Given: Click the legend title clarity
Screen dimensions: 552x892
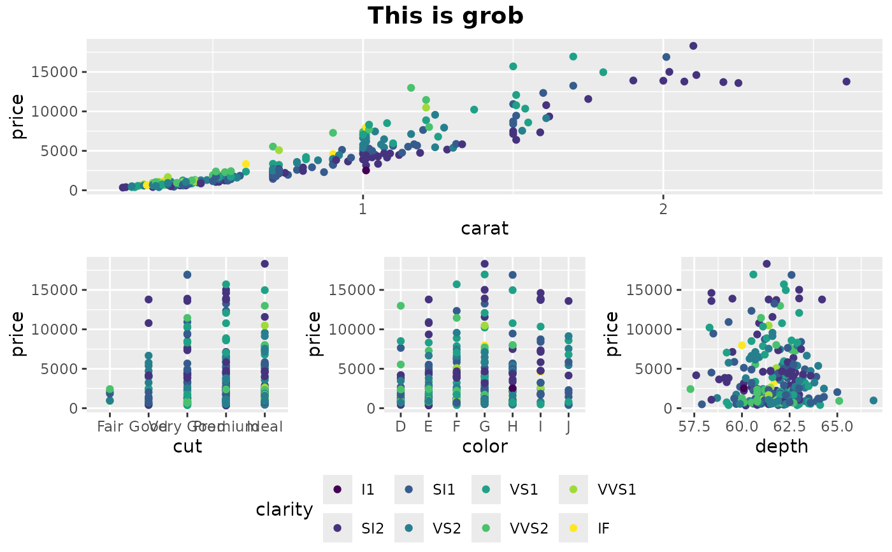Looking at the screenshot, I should tap(284, 509).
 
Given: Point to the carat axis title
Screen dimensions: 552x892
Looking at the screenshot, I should tap(485, 228).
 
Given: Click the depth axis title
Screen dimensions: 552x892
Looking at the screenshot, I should tap(781, 446).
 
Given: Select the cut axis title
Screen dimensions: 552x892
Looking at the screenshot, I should tap(187, 446).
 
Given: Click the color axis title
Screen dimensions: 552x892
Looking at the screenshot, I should tap(485, 446).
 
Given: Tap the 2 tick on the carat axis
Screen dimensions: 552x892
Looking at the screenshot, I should tap(663, 208).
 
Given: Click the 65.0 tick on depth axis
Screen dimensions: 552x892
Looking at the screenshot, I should tap(837, 426).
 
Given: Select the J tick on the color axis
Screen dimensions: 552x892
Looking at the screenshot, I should tap(568, 426).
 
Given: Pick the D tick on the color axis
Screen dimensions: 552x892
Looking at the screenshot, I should tap(400, 426).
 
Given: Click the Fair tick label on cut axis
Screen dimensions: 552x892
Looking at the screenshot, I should tap(110, 426).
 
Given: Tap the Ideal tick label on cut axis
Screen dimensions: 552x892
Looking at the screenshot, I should tap(265, 426).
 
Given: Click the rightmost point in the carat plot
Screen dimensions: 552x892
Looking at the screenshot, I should tap(846, 82).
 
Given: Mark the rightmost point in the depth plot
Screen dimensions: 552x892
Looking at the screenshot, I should tap(873, 400).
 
